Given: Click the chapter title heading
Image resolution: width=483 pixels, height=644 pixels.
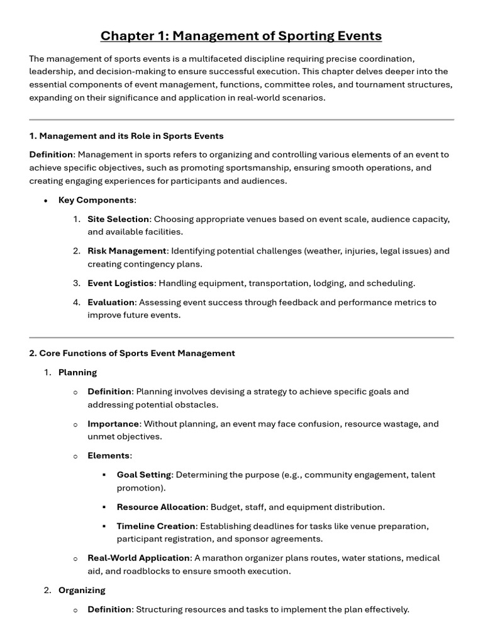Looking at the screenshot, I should tap(241, 36).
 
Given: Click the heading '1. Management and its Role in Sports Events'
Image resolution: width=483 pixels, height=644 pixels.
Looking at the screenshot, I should tap(126, 136).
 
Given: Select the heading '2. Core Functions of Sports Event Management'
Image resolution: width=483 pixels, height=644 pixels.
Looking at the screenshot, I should tap(132, 353).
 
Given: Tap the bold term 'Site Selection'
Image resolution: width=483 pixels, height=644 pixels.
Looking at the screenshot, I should tap(118, 219).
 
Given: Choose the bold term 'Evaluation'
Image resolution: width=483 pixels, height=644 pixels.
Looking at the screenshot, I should tap(111, 303).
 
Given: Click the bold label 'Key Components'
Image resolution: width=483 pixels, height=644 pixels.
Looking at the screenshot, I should tap(96, 200).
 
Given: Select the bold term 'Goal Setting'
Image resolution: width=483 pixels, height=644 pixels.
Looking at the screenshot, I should tap(144, 475).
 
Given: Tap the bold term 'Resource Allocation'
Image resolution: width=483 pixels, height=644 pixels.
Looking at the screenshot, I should tap(161, 507).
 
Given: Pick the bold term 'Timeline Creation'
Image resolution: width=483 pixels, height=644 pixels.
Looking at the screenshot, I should tap(157, 526).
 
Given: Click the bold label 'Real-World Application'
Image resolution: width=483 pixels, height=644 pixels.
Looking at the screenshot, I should tap(138, 558).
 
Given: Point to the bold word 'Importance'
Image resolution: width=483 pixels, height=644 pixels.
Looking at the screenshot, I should tap(113, 424).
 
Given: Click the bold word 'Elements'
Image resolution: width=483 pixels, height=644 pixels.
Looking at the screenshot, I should tap(108, 455).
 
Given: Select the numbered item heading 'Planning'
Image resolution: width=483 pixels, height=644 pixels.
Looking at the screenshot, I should tap(77, 372).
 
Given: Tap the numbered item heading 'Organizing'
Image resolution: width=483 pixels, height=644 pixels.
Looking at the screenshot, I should tap(82, 590).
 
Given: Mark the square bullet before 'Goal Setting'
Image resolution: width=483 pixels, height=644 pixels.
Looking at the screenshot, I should tap(104, 475).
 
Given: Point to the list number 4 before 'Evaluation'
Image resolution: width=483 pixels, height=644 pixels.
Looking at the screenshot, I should tap(75, 303).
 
